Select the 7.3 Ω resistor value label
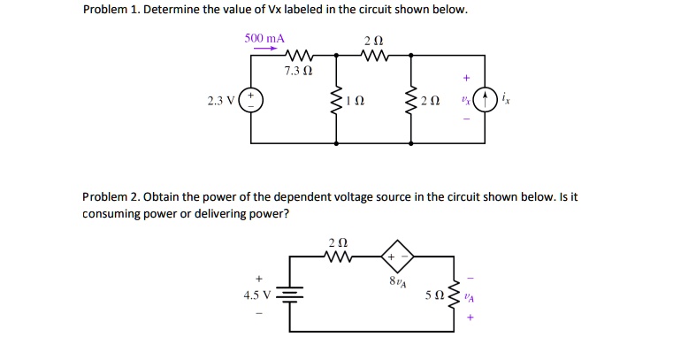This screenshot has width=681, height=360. coord(299,70)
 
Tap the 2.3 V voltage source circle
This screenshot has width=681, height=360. coord(250,100)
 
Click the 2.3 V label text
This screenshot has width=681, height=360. coord(220,100)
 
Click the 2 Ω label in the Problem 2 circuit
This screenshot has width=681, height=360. coord(338,241)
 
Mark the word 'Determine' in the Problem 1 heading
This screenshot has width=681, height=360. coord(177,11)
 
